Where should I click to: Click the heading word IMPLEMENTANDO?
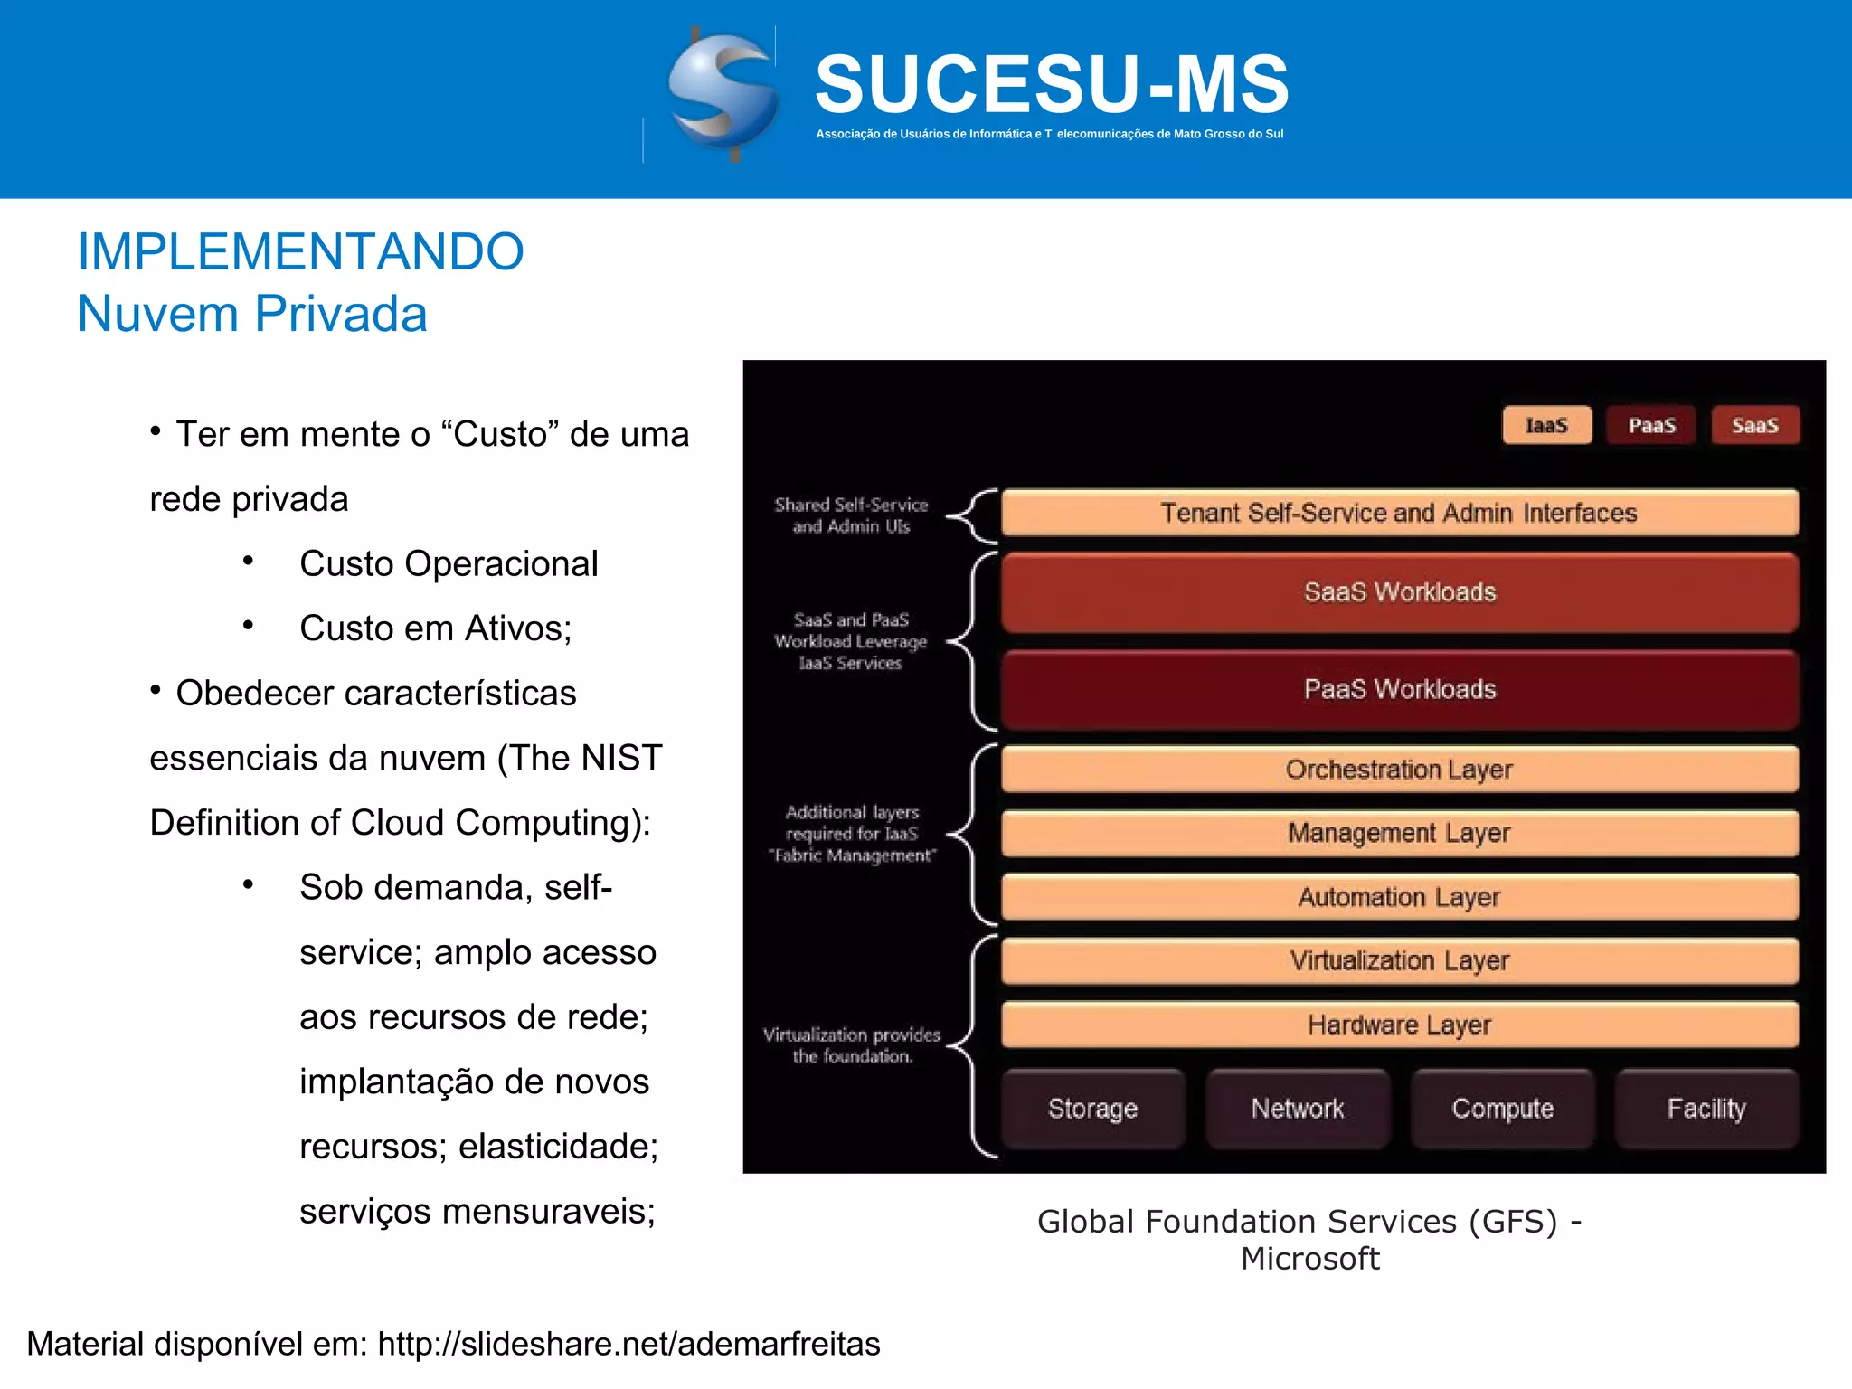[x=300, y=251]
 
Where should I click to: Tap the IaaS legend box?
[x=1546, y=425]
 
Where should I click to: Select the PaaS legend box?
[x=1651, y=425]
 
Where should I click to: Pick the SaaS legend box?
[x=1754, y=425]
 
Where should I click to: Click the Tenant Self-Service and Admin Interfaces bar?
[x=1399, y=513]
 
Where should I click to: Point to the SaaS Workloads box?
[x=1399, y=592]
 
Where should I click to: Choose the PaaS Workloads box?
[x=1399, y=689]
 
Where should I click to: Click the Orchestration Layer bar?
[x=1399, y=770]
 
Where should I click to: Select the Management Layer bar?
[x=1399, y=833]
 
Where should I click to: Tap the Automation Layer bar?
[x=1399, y=897]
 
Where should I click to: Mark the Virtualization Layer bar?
[x=1399, y=960]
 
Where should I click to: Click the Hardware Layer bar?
[x=1399, y=1025]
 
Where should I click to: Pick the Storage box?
[x=1092, y=1109]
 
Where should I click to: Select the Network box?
[x=1298, y=1109]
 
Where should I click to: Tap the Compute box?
[x=1502, y=1109]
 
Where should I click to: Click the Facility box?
[x=1706, y=1109]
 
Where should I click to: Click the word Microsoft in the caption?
[x=1310, y=1259]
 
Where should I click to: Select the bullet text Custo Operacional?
[x=449, y=563]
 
